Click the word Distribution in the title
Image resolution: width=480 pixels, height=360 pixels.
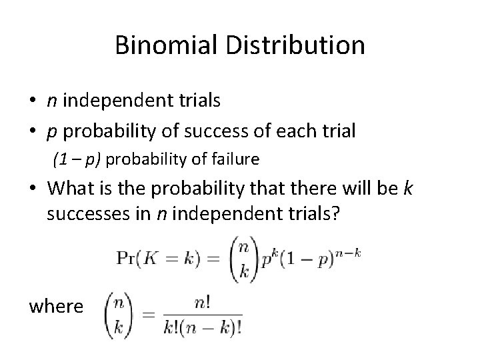tap(295, 46)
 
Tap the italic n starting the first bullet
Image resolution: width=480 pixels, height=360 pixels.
tap(51, 102)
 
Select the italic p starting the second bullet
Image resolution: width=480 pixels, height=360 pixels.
tap(51, 131)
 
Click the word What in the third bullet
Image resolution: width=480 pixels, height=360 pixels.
tap(74, 189)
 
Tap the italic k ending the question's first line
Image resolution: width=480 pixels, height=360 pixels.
tap(408, 189)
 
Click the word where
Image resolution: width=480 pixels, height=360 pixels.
tap(57, 306)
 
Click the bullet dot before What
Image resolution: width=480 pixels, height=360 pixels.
tap(33, 190)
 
